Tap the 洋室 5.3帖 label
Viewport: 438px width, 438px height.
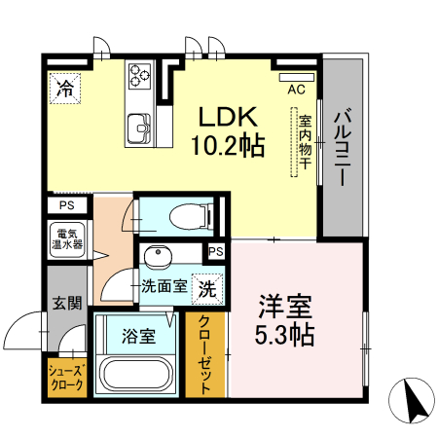(284, 320)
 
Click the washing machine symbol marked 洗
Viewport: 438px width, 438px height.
(209, 288)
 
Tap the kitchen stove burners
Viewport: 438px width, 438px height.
(140, 73)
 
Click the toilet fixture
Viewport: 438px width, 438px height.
(190, 215)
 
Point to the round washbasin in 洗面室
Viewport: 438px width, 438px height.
(157, 257)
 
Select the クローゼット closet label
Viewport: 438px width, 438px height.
(206, 354)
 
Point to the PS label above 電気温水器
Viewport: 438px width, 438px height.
(66, 205)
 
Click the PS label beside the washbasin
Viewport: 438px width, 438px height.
(217, 252)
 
